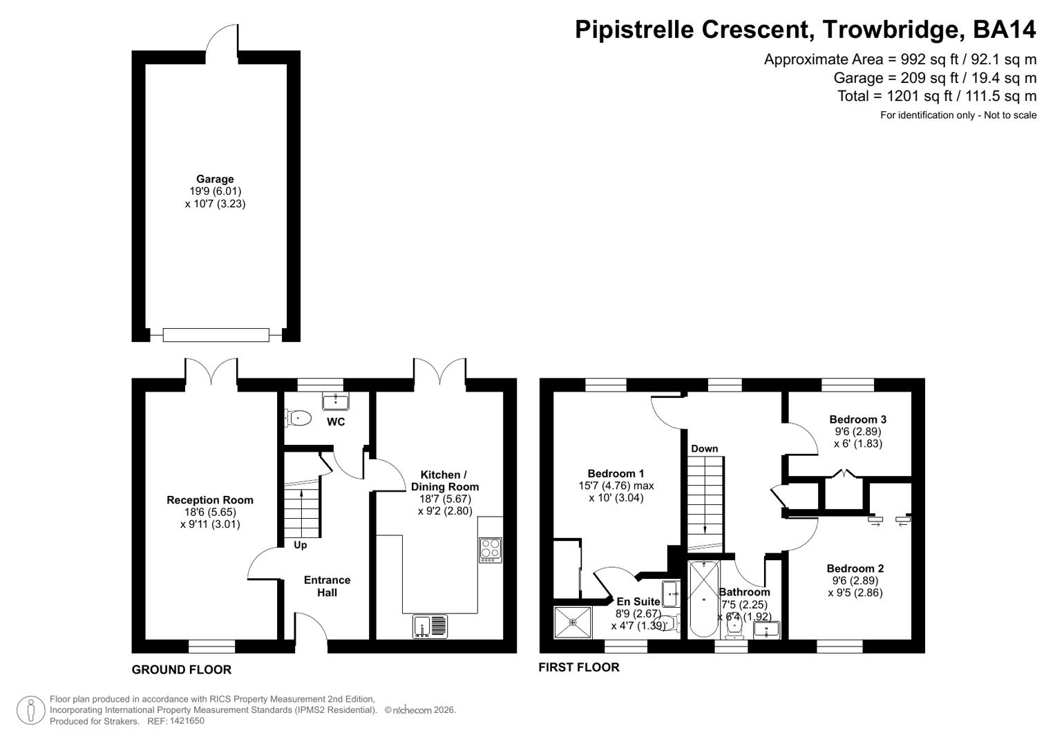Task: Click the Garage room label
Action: (215, 179)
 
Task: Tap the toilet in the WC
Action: (298, 417)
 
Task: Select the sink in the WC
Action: (336, 401)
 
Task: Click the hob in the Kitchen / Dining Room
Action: (491, 550)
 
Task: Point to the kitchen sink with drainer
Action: (430, 626)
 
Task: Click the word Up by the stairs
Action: (301, 545)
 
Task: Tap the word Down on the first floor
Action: (704, 448)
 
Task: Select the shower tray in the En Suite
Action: (573, 622)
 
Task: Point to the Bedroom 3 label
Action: (857, 419)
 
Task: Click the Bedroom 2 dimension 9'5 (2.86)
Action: (855, 592)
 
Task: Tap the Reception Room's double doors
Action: (211, 371)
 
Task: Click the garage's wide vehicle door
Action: (216, 335)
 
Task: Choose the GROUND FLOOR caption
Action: (182, 669)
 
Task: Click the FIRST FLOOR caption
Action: (579, 667)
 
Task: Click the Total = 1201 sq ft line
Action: (936, 96)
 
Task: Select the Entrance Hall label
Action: (327, 586)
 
